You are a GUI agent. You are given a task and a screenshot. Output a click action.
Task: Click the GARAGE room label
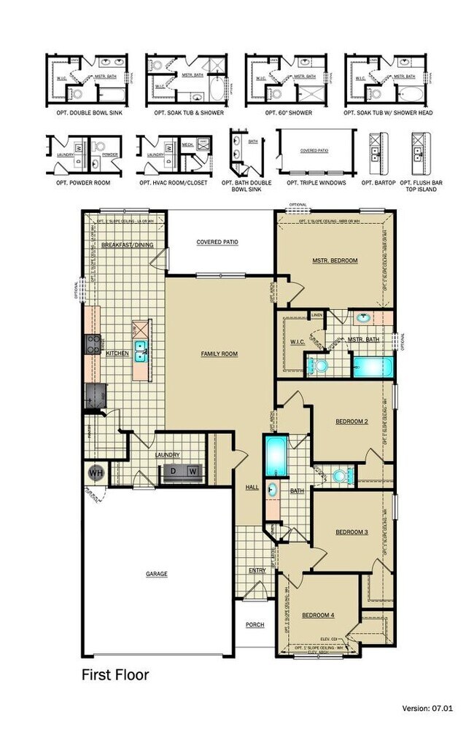pyautogui.click(x=156, y=574)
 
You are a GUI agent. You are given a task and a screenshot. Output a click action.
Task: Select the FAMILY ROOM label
pyautogui.click(x=219, y=354)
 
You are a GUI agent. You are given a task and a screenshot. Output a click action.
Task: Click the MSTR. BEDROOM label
pyautogui.click(x=335, y=260)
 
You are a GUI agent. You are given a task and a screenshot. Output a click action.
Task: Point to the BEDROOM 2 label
pyautogui.click(x=352, y=421)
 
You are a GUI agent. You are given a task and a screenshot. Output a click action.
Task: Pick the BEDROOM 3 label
pyautogui.click(x=351, y=532)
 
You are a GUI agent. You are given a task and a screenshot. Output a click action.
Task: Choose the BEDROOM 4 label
pyautogui.click(x=318, y=615)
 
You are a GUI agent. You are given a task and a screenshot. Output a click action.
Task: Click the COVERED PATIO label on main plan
pyautogui.click(x=218, y=242)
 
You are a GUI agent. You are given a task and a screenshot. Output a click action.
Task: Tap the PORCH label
pyautogui.click(x=255, y=625)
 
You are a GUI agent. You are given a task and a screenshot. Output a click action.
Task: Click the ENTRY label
pyautogui.click(x=257, y=570)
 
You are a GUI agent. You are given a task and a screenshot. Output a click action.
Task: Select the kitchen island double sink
pyautogui.click(x=141, y=351)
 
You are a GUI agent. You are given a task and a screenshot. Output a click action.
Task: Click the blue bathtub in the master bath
pyautogui.click(x=373, y=365)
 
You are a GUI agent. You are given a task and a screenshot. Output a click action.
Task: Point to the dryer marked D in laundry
pyautogui.click(x=173, y=471)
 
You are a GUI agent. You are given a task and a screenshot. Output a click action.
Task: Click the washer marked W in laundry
pyautogui.click(x=193, y=471)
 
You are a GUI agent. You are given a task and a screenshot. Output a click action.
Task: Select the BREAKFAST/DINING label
pyautogui.click(x=127, y=245)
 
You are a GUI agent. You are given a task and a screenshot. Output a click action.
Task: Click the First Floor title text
pyautogui.click(x=114, y=675)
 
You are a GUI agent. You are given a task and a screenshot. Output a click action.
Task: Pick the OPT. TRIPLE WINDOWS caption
pyautogui.click(x=316, y=182)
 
